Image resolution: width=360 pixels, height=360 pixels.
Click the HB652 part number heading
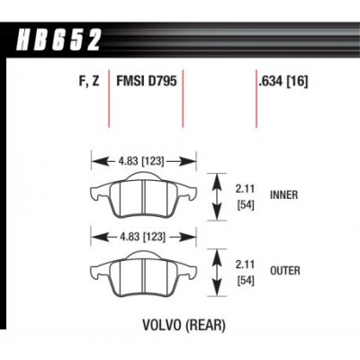click(58, 40)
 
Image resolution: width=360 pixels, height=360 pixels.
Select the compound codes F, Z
click(89, 81)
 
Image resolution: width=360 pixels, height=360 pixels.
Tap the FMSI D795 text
click(147, 81)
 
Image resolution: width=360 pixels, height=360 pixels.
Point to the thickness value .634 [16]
click(283, 81)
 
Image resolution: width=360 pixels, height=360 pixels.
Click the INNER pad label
click(284, 195)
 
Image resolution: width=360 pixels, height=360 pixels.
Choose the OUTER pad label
click(285, 271)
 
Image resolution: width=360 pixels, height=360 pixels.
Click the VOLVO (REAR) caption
click(184, 325)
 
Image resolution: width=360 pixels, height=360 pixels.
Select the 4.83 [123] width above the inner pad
click(141, 162)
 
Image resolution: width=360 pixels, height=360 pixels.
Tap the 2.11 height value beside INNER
click(245, 189)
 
